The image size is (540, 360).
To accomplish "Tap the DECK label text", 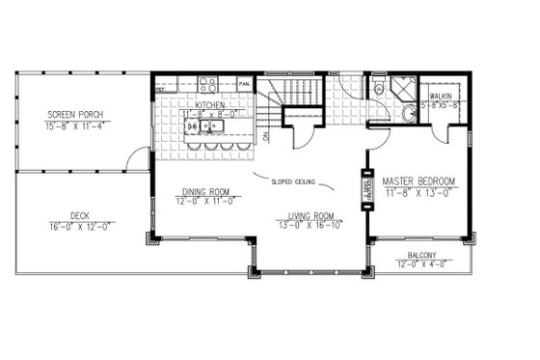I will click(79, 215).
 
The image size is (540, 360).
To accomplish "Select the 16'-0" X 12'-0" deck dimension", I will click(79, 226).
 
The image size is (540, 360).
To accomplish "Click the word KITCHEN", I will click(210, 105).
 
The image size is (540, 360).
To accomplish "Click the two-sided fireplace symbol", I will click(366, 191).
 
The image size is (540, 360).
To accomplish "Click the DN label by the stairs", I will click(264, 137).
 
